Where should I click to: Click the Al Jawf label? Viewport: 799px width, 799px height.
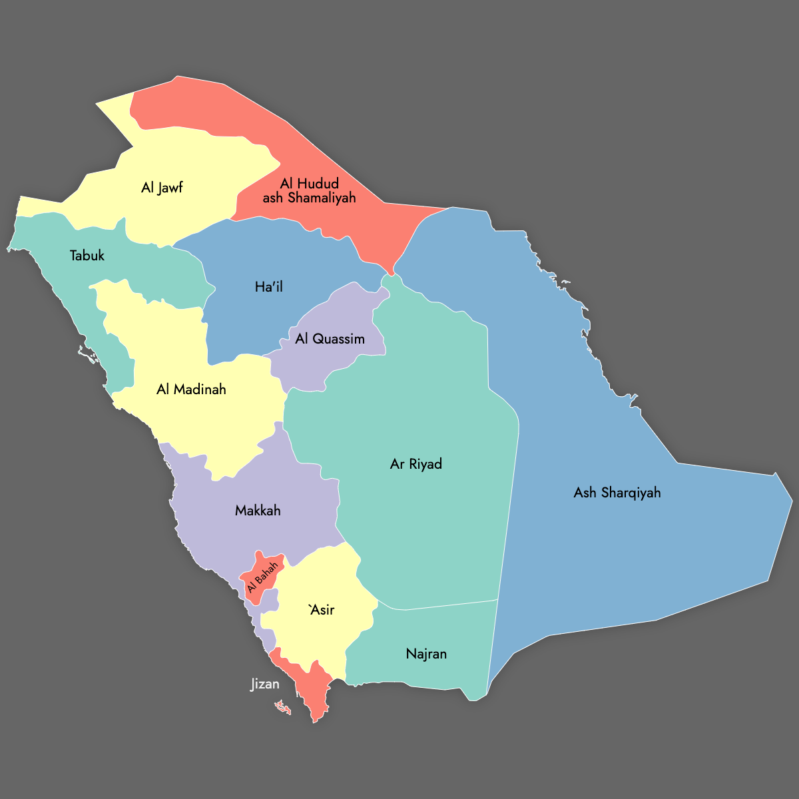pos(162,188)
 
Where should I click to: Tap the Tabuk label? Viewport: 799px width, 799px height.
pos(87,256)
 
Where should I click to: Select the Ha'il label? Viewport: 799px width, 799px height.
pos(269,287)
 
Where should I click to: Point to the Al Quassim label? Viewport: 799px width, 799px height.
pos(330,339)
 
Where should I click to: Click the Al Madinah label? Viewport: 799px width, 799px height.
pos(191,390)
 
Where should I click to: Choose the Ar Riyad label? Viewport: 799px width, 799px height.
pos(416,464)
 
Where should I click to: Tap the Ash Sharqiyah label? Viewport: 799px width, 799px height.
pos(617,493)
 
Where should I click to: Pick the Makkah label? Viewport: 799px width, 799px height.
pos(258,511)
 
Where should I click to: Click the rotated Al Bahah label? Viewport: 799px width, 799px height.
pos(262,577)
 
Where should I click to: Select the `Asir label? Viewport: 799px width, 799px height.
pos(322,610)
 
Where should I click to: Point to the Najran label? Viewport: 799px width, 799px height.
pos(426,654)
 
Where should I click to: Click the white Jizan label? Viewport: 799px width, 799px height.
pos(265,684)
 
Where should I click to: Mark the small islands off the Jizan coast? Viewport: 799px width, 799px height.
pos(284,707)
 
